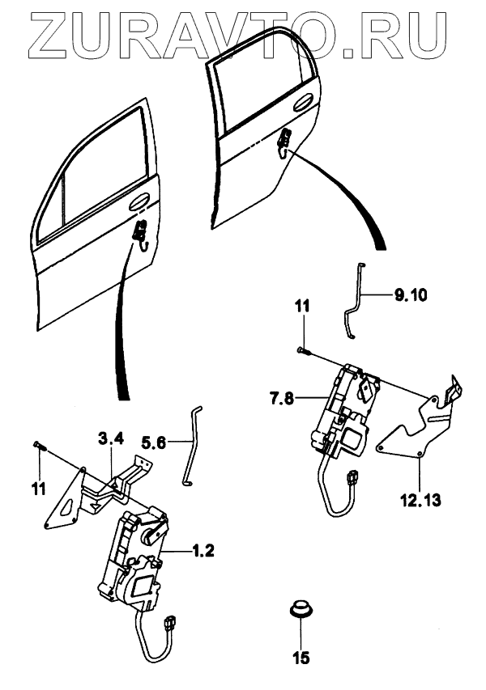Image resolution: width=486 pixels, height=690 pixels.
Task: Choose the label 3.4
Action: (x=111, y=439)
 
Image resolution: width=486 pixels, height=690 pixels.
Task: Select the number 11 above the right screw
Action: (x=302, y=308)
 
